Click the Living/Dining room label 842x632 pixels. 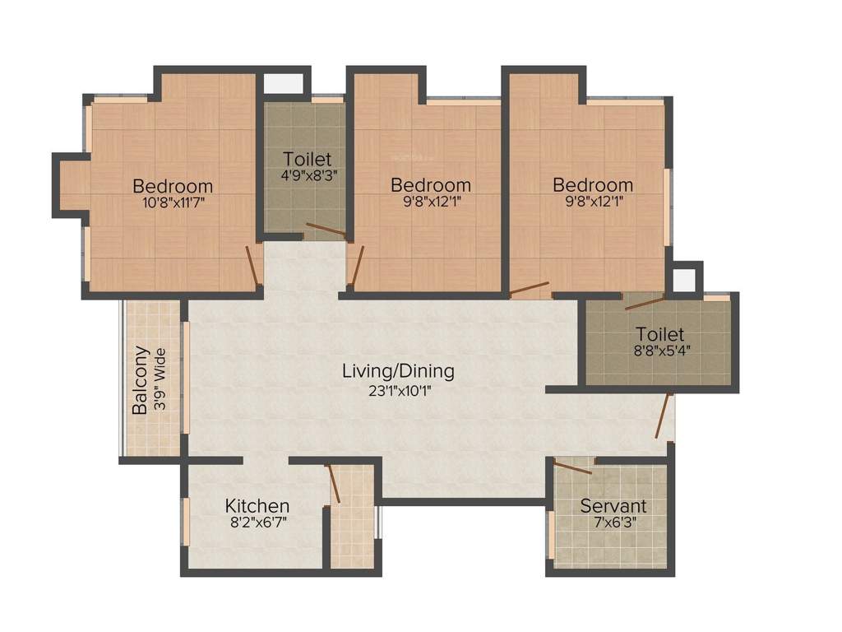tap(398, 371)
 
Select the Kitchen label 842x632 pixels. tap(257, 505)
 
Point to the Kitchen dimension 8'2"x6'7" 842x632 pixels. tap(257, 522)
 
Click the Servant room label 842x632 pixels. tap(613, 505)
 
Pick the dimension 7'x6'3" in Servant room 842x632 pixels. tap(613, 522)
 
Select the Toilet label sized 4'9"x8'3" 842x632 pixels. tap(307, 158)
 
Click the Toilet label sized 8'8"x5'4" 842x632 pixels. tap(659, 335)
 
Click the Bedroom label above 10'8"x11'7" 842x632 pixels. tap(173, 185)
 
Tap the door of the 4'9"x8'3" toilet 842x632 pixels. tap(325, 230)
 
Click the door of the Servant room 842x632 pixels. tap(573, 469)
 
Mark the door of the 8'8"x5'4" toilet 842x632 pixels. tap(645, 302)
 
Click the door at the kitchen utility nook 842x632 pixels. tap(335, 484)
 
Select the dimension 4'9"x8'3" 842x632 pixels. tap(305, 174)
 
